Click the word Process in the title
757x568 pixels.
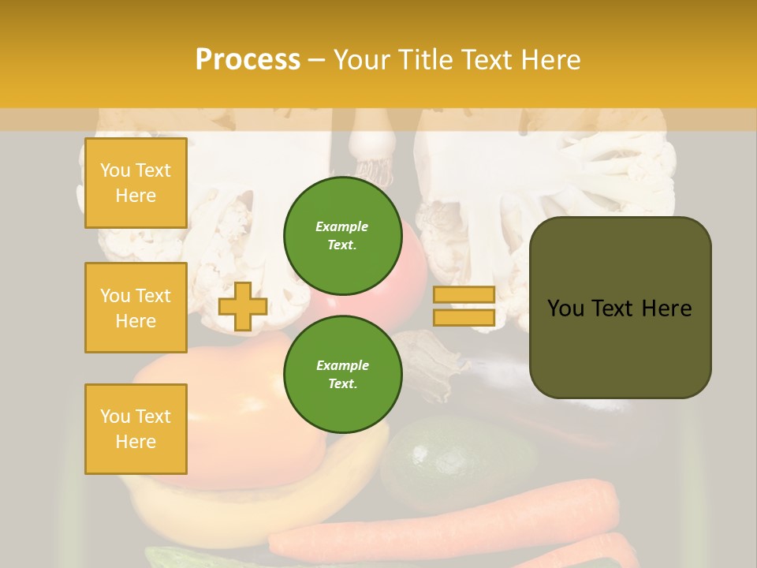point(248,60)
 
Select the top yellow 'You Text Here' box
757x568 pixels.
point(136,183)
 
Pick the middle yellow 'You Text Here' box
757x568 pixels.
point(136,308)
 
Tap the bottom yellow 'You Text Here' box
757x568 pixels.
point(136,429)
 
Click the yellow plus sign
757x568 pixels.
point(243,306)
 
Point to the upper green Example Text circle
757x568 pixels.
point(342,235)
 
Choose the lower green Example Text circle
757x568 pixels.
point(342,374)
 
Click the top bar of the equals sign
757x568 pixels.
point(464,294)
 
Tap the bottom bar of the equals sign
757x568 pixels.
point(464,317)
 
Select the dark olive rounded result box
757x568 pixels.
point(620,347)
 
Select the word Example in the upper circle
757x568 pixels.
point(342,226)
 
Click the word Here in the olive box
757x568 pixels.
point(667,308)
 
